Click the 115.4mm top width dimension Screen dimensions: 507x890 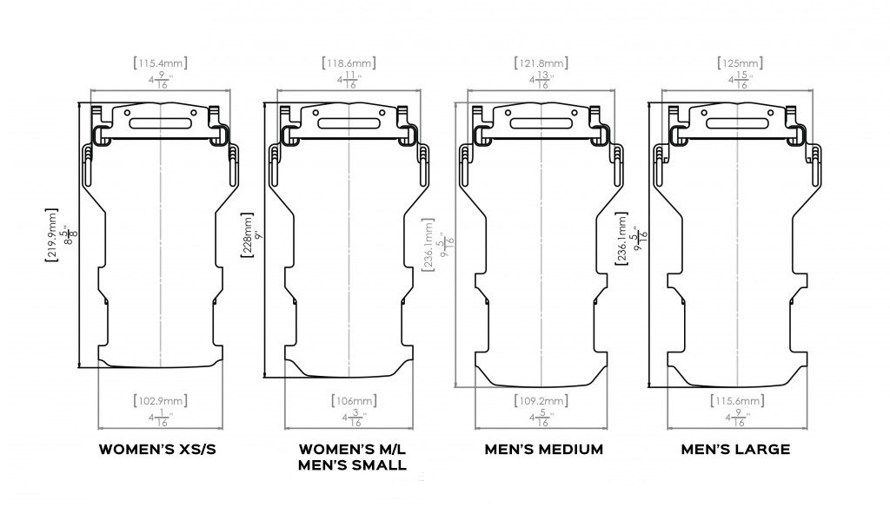(x=161, y=63)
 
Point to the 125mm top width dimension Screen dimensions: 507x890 (x=739, y=63)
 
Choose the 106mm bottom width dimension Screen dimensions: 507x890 (x=352, y=401)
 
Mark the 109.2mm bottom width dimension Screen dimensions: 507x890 (x=542, y=401)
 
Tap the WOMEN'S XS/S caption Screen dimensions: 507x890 (x=159, y=450)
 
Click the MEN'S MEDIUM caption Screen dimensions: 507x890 (x=544, y=450)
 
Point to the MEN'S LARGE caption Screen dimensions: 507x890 (x=735, y=450)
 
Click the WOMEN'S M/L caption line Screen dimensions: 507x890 (x=353, y=450)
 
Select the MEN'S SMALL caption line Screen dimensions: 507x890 (x=353, y=465)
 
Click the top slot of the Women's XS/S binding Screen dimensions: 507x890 (x=161, y=123)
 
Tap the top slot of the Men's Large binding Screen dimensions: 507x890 (x=736, y=123)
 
